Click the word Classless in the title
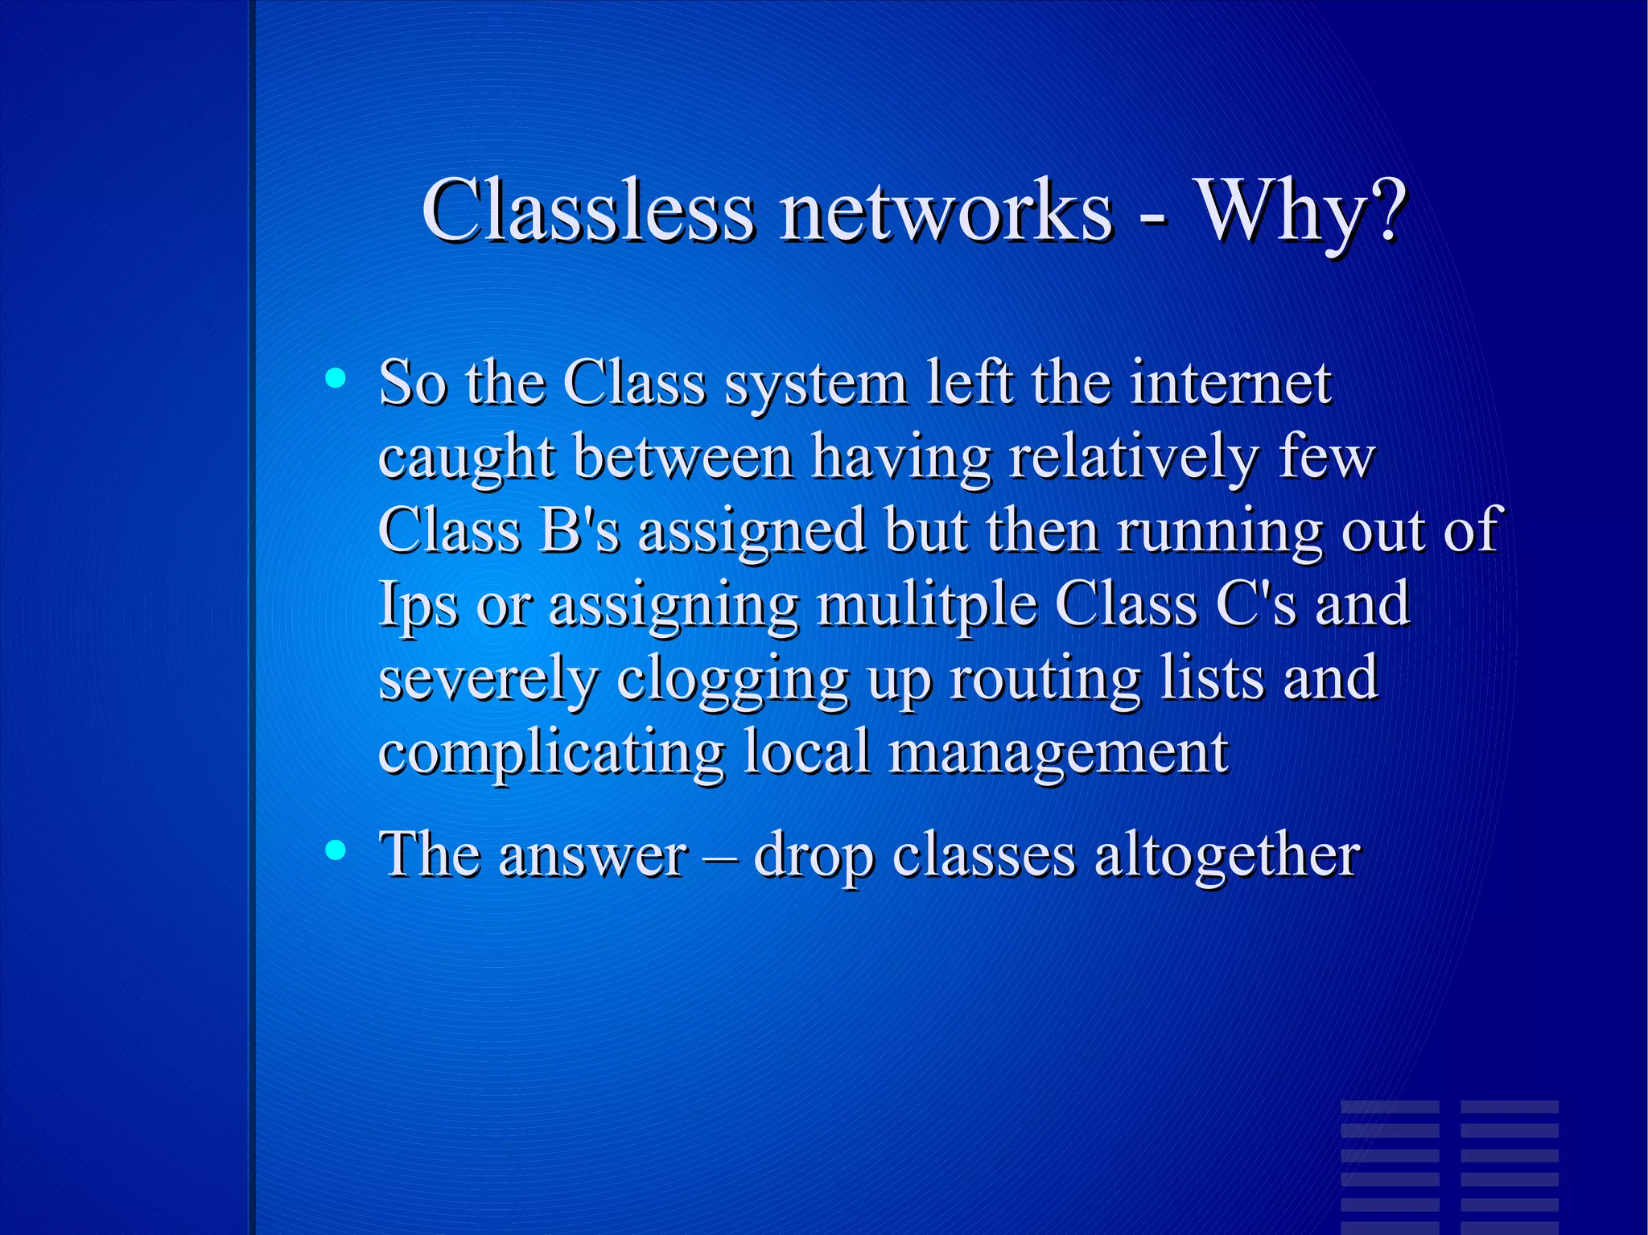(x=587, y=211)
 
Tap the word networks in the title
(x=946, y=211)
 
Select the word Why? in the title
(x=1303, y=211)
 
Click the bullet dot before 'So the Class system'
(x=336, y=377)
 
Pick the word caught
(x=466, y=458)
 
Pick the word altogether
(x=1227, y=854)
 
